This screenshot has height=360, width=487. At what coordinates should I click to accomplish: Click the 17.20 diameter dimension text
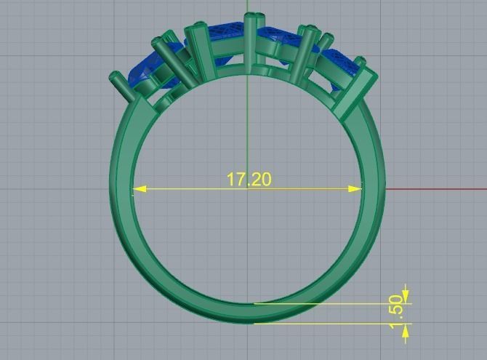249,179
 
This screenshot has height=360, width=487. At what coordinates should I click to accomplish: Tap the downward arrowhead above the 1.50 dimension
406,297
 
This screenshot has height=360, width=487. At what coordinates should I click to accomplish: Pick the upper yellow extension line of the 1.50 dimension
327,303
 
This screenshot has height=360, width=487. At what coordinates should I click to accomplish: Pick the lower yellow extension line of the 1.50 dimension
327,324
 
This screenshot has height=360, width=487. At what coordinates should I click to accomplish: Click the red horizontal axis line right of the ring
436,189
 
